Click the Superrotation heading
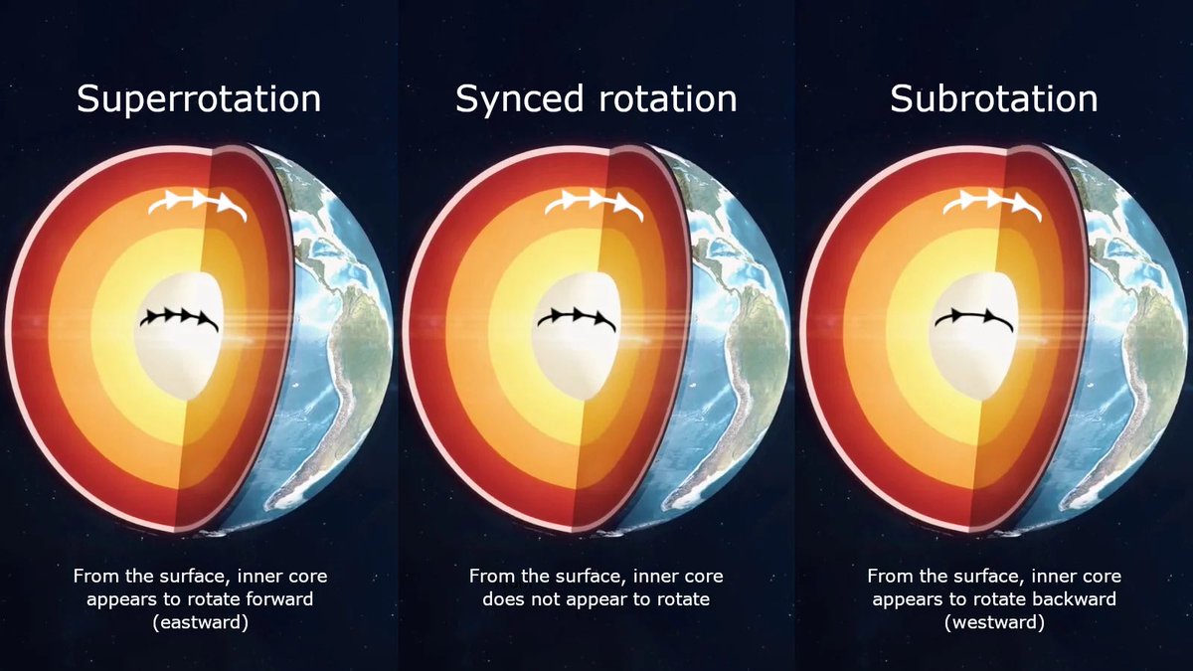point(199,99)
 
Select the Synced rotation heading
point(596,99)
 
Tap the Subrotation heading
point(994,99)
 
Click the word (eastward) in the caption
point(199,622)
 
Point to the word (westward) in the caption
point(994,622)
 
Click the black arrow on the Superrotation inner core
point(179,319)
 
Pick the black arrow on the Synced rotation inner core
point(577,319)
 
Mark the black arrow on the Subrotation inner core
point(974,320)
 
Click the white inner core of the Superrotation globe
point(169,358)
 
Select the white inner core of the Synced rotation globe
point(567,358)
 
